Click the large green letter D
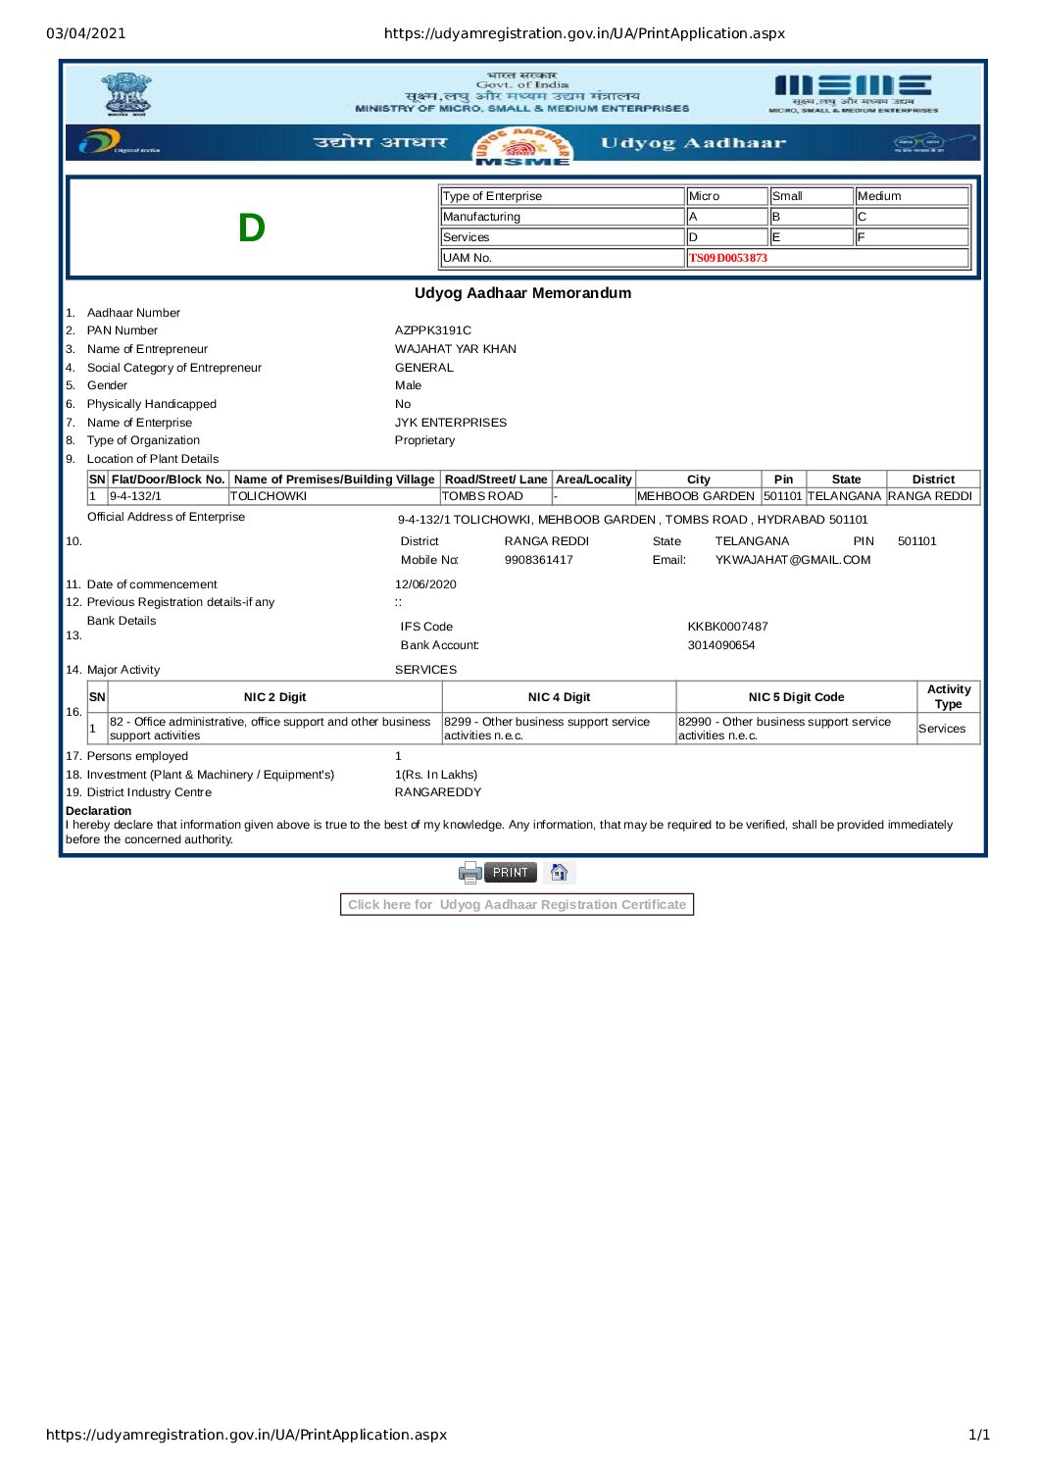(252, 228)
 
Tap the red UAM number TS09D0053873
(728, 258)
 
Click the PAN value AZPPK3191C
(432, 330)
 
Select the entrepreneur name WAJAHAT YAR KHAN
(455, 349)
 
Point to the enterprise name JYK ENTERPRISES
(450, 423)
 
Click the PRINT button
(510, 872)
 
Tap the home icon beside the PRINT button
(559, 872)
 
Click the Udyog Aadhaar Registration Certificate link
(517, 904)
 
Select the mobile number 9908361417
(538, 560)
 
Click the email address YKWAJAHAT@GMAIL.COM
(792, 560)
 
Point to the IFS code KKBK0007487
(727, 627)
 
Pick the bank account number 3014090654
(720, 645)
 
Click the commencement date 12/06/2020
(425, 584)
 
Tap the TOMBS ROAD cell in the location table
(482, 496)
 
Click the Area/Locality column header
(593, 480)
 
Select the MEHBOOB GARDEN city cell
(696, 496)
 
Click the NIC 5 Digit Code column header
(796, 697)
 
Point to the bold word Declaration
(98, 811)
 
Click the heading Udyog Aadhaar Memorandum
(522, 293)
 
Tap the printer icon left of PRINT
(470, 872)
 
